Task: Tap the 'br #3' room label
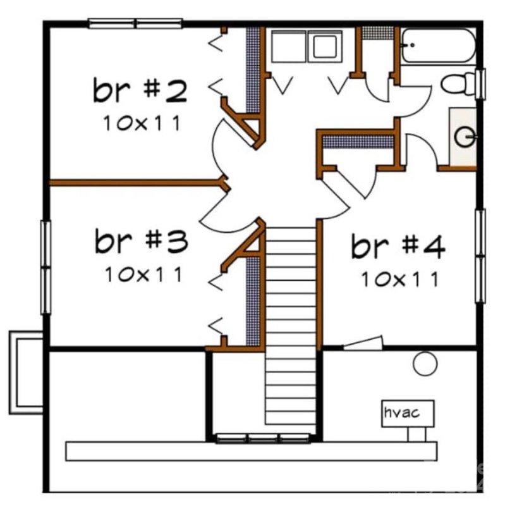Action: [x=141, y=241]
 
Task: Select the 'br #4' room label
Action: [x=398, y=247]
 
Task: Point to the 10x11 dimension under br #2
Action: [x=141, y=123]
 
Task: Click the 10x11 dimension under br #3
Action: [x=143, y=275]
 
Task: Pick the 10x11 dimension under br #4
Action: [x=399, y=280]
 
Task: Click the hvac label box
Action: [x=408, y=414]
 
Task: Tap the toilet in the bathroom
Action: [x=459, y=84]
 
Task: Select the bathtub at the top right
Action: [x=439, y=46]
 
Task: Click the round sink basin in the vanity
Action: [x=465, y=137]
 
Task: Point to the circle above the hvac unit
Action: [x=425, y=363]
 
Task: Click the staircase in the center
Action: [x=290, y=326]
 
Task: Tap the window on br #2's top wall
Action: [x=135, y=23]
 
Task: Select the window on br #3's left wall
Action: [x=46, y=268]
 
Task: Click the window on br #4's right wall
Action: [x=480, y=256]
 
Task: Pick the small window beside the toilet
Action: [x=480, y=85]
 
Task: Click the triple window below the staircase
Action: [x=263, y=438]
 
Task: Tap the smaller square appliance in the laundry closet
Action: [x=325, y=47]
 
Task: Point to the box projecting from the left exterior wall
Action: [x=26, y=372]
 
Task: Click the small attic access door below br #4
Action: [x=363, y=343]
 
